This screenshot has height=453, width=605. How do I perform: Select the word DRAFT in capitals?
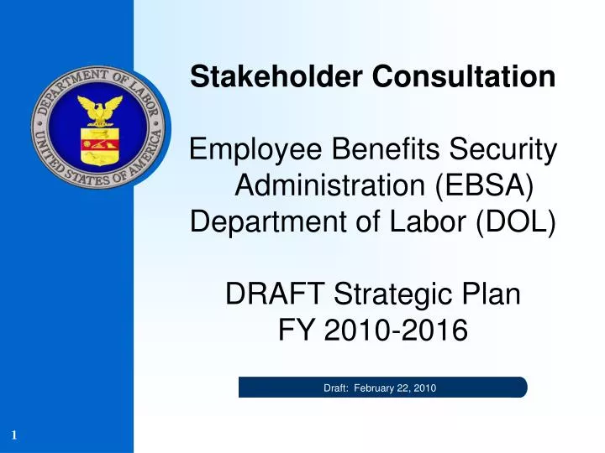click(x=276, y=295)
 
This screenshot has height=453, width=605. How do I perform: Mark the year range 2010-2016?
click(x=398, y=331)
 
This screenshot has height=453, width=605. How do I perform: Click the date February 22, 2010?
click(x=395, y=388)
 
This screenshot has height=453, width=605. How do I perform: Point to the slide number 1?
click(x=15, y=434)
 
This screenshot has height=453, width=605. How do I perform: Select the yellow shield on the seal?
click(x=98, y=145)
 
